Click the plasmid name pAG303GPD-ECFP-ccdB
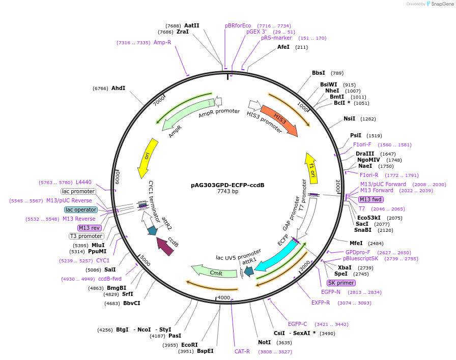pyautogui.click(x=227, y=185)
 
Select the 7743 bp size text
pyautogui.click(x=227, y=192)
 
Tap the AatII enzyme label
pyautogui.click(x=191, y=25)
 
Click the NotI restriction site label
pyautogui.click(x=265, y=342)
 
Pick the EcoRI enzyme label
pyautogui.click(x=189, y=345)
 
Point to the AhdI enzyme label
pyautogui.click(x=118, y=88)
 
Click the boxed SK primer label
pyautogui.click(x=341, y=283)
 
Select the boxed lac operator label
pyautogui.click(x=81, y=209)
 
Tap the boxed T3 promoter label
pyautogui.click(x=87, y=236)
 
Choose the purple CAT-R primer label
pyautogui.click(x=242, y=351)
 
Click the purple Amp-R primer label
pyautogui.click(x=162, y=42)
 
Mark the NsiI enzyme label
pyautogui.click(x=349, y=118)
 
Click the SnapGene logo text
pyautogui.click(x=441, y=4)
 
